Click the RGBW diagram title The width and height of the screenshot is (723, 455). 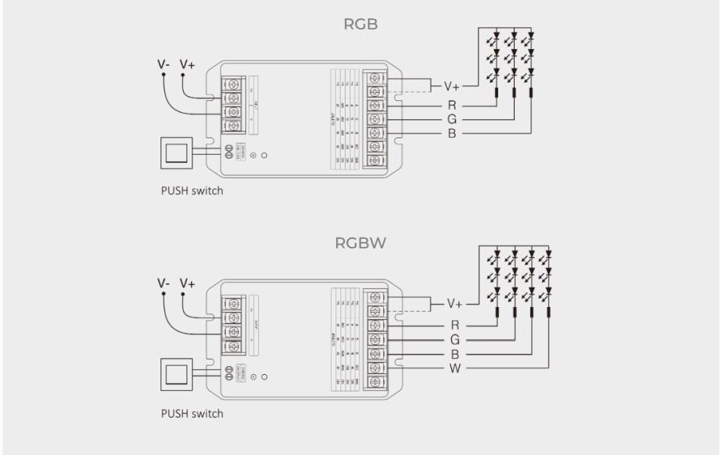point(361,243)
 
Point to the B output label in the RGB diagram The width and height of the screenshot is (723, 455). point(452,134)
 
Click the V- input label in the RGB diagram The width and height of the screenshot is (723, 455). point(165,64)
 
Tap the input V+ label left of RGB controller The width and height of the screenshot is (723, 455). point(187,64)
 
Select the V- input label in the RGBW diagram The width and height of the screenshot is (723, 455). point(165,283)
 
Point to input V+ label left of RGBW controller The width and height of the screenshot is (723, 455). point(187,283)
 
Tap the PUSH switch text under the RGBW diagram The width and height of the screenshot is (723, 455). point(192,414)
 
